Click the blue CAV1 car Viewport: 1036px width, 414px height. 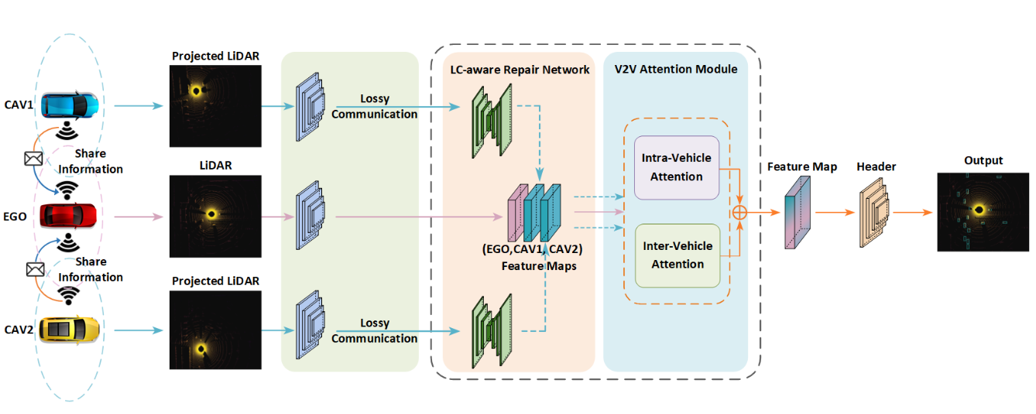(70, 105)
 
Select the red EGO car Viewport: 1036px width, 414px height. (68, 216)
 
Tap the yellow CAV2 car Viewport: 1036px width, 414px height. (69, 330)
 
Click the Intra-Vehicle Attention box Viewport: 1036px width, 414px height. (677, 168)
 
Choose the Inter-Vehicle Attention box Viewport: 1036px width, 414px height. (678, 255)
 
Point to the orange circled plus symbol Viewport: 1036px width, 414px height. (739, 213)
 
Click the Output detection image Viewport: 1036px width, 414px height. (983, 212)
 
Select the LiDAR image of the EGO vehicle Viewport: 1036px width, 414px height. (215, 216)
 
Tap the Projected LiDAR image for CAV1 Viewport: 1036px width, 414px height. (215, 106)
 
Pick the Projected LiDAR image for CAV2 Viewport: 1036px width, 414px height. (215, 330)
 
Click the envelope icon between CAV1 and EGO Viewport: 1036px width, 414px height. (33, 159)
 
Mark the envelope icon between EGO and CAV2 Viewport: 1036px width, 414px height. (35, 269)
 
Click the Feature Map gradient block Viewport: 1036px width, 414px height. (798, 213)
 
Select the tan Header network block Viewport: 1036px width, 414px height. (874, 213)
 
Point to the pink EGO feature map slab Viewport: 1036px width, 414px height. (516, 213)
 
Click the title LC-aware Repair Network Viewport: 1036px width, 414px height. (520, 70)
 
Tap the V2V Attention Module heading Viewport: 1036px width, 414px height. (676, 70)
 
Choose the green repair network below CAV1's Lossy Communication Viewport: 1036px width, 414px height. (492, 121)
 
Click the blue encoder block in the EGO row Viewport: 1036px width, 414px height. (310, 215)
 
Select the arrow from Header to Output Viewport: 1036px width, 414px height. (912, 213)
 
